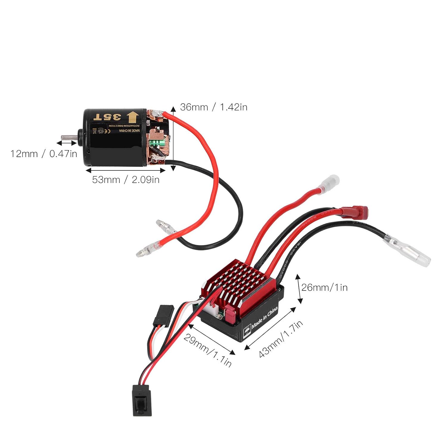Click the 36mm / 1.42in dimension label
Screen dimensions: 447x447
(x=214, y=107)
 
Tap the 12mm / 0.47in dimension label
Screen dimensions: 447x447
(x=44, y=154)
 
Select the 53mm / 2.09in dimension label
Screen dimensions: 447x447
(x=126, y=180)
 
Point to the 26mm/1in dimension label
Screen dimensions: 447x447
(x=324, y=288)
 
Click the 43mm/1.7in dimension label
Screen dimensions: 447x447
(x=280, y=339)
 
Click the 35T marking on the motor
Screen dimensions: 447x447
(x=107, y=117)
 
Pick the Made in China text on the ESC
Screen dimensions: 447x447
(x=265, y=318)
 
